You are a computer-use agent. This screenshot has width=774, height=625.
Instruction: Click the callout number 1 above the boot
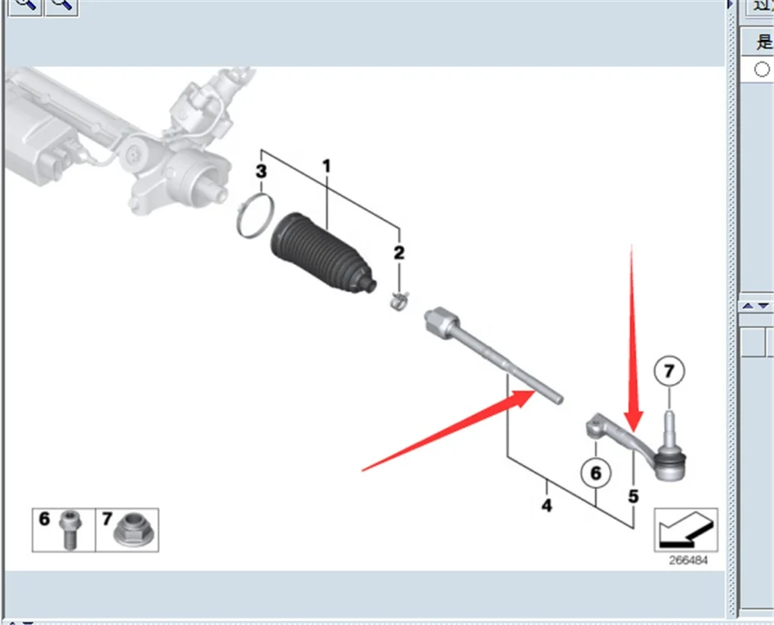(327, 167)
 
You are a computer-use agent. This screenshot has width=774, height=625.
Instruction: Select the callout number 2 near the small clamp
(399, 252)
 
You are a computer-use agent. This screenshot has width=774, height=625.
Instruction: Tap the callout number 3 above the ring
(261, 172)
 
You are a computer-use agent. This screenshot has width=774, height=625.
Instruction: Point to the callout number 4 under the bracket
(547, 505)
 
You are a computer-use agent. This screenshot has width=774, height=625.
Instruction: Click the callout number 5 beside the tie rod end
(633, 497)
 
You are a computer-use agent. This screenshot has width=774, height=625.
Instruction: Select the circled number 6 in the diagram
(595, 474)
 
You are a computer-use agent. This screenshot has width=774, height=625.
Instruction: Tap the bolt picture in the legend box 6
(69, 531)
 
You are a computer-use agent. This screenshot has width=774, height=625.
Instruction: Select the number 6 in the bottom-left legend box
(45, 519)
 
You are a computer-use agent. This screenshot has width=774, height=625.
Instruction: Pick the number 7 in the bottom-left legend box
(107, 519)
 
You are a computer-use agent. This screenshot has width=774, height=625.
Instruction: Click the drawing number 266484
(687, 561)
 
